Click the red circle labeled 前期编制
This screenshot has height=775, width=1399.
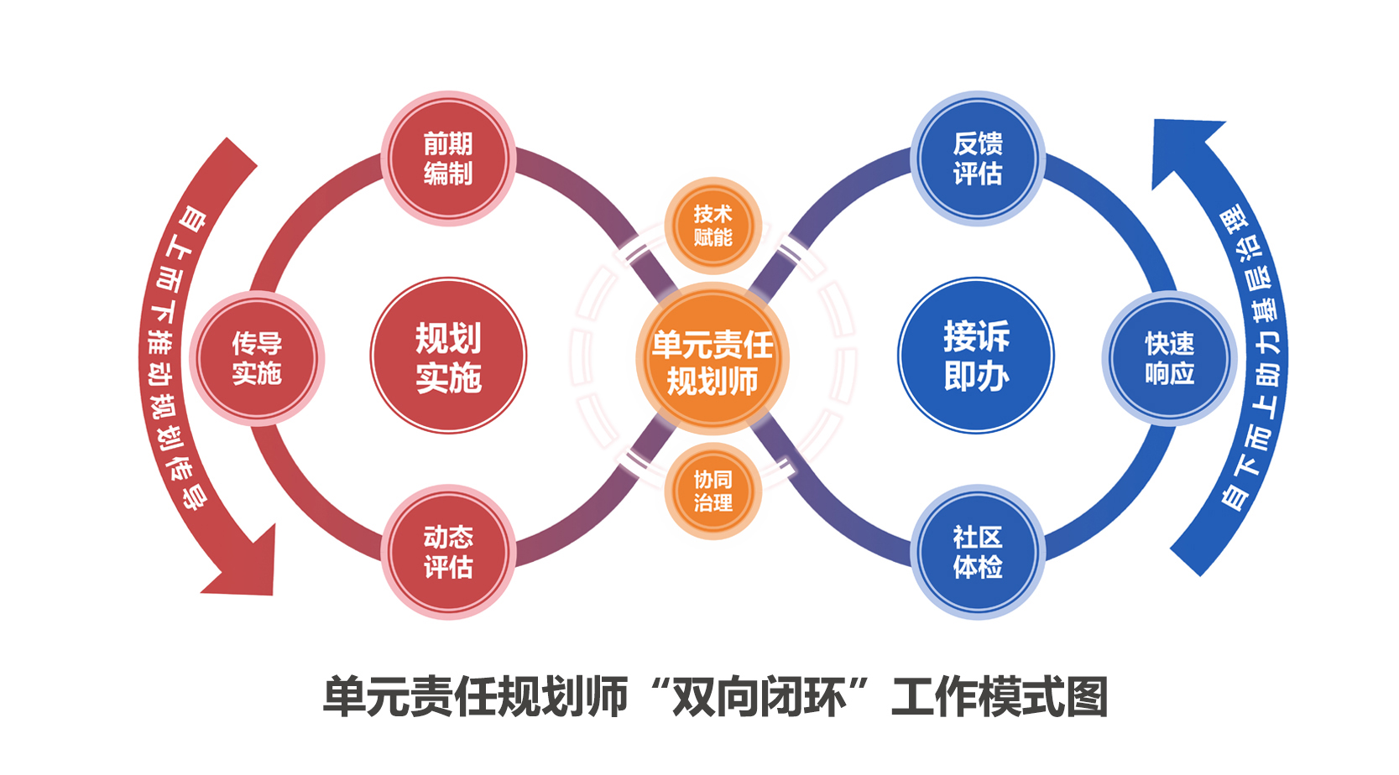pos(448,159)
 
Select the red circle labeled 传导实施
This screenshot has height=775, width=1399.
pos(257,358)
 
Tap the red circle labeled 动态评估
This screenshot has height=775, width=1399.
pos(448,552)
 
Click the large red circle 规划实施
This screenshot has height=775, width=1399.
pos(448,356)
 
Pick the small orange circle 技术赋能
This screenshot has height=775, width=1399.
pos(713,226)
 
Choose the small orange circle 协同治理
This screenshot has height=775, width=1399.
pos(713,491)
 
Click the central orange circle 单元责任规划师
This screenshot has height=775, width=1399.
pos(713,359)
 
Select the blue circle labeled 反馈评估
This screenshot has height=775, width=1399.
pos(978,159)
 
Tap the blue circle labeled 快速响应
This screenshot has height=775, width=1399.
pos(1169,358)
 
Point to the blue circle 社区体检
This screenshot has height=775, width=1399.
pos(978,552)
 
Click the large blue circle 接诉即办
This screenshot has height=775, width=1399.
pos(976,356)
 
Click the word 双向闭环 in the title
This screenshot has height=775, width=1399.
pos(760,697)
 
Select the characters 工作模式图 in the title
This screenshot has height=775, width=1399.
pos(1000,697)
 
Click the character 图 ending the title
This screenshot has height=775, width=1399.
pos(1088,697)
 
